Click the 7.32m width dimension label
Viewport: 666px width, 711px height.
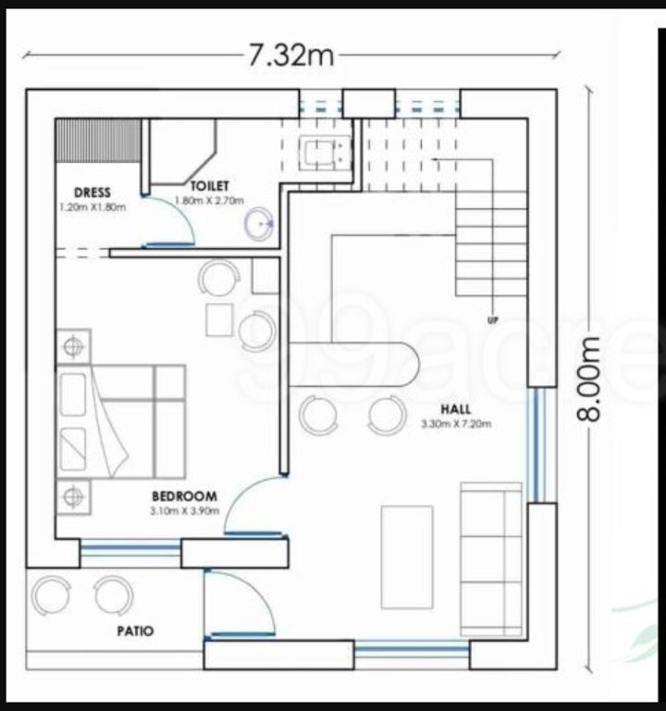[x=290, y=56]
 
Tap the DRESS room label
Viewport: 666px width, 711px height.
[x=92, y=193]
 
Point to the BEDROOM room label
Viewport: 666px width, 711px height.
[x=184, y=496]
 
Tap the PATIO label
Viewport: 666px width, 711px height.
[x=135, y=631]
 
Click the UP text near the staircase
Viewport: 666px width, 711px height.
[x=493, y=320]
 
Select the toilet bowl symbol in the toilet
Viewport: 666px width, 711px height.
[x=259, y=221]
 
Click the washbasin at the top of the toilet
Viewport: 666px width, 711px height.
[x=323, y=153]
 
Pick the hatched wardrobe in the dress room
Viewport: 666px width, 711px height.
[x=96, y=140]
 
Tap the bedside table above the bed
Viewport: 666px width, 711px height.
[x=73, y=346]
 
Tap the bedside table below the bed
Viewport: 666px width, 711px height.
[x=73, y=497]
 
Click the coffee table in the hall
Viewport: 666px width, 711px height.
[x=407, y=556]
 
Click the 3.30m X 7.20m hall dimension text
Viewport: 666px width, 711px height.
[x=454, y=425]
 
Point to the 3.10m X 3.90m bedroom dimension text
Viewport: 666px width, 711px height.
[x=184, y=510]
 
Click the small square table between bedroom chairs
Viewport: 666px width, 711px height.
[x=220, y=319]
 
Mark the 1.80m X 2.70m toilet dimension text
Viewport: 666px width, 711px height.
[x=209, y=200]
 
